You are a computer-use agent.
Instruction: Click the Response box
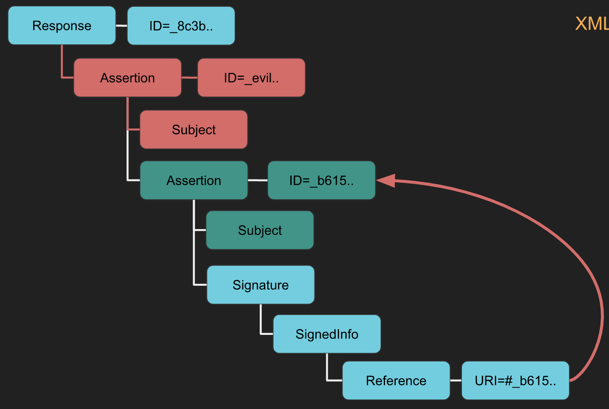pos(62,26)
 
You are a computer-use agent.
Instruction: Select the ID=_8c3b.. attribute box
pos(181,26)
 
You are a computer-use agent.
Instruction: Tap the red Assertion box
pos(128,78)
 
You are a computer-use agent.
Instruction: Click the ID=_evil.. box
pos(251,78)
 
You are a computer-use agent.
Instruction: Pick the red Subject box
pos(194,130)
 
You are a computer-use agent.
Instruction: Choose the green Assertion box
pos(194,180)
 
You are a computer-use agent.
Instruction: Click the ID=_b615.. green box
pos(322,180)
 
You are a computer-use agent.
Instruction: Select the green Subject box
pos(260,230)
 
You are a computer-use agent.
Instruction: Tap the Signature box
pos(261,285)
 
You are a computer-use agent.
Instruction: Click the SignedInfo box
pos(327,334)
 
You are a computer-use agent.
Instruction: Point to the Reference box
pos(396,380)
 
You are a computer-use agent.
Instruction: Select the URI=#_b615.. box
pos(515,380)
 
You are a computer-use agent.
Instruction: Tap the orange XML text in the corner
pos(592,24)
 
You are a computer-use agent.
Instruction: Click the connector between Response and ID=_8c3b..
pos(121,26)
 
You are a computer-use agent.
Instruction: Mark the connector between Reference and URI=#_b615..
pos(456,380)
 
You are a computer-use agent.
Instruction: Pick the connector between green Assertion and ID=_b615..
pos(258,180)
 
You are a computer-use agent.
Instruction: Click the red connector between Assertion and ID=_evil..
pos(190,78)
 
